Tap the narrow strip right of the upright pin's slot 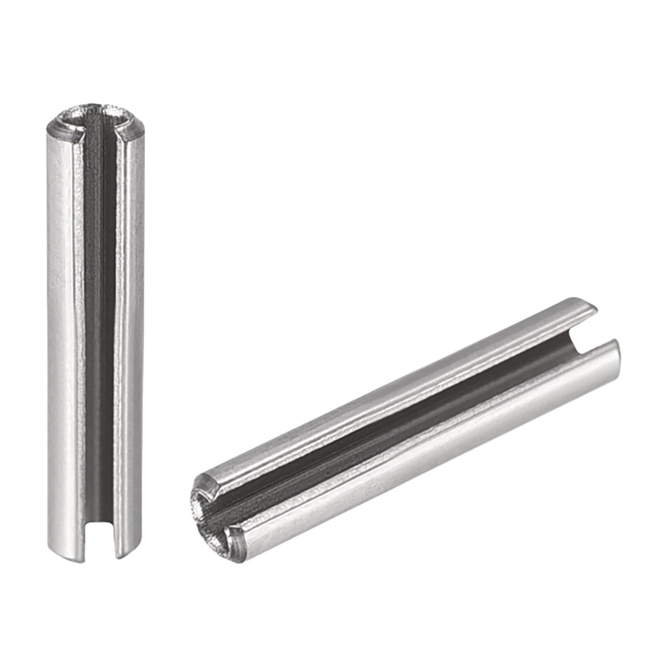point(129,311)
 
